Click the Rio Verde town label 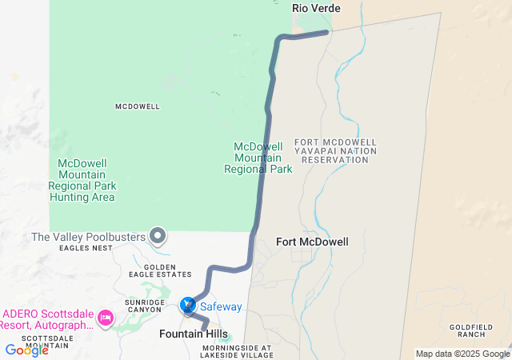[316, 8]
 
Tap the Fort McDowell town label [312, 241]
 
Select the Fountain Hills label [194, 333]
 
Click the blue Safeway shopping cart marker [187, 305]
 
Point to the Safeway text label [221, 306]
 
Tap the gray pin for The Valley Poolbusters [158, 236]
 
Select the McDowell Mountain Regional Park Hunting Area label [82, 180]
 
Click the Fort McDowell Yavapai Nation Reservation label [335, 151]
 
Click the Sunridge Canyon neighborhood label [145, 306]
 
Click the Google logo [26, 350]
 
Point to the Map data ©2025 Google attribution [462, 354]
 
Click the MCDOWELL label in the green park [138, 106]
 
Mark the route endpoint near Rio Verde [326, 33]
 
